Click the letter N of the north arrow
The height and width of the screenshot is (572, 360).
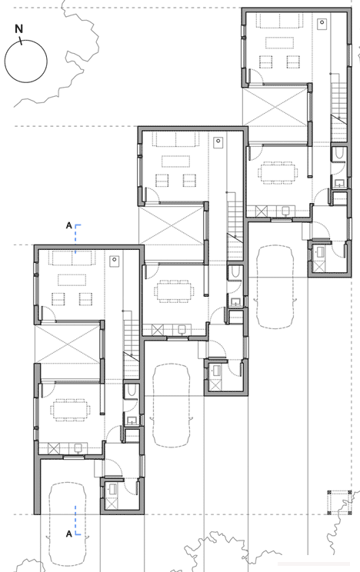18,28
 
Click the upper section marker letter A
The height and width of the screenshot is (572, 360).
68,225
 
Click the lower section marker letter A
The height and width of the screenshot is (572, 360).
68,534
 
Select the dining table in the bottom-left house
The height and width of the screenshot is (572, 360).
72,410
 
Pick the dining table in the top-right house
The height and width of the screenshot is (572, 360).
278,171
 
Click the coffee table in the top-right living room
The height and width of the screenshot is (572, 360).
279,43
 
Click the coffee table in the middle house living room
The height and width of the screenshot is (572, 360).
175,161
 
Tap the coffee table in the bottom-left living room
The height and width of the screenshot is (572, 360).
72,280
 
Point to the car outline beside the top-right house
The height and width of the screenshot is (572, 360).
275,287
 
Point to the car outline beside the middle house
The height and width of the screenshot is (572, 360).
171,405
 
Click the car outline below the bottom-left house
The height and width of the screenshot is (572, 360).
67,525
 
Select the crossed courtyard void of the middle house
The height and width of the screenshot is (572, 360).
172,225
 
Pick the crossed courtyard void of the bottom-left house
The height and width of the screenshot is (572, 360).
68,343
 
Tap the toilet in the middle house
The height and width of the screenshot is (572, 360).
235,272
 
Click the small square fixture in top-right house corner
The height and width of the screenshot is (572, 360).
322,23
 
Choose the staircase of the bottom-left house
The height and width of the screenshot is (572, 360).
132,348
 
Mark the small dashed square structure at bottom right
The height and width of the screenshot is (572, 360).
339,503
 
